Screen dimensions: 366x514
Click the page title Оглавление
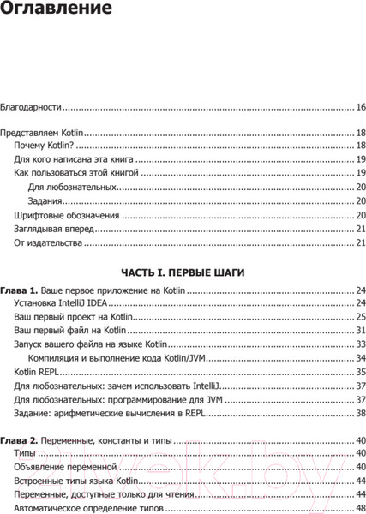point(56,12)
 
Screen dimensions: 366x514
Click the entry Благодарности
point(32,107)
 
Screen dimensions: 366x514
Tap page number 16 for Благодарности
point(361,107)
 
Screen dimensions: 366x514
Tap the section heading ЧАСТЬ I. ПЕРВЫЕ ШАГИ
point(183,272)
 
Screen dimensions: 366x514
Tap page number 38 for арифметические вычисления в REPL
point(361,413)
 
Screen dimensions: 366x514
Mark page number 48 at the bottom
point(361,509)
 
